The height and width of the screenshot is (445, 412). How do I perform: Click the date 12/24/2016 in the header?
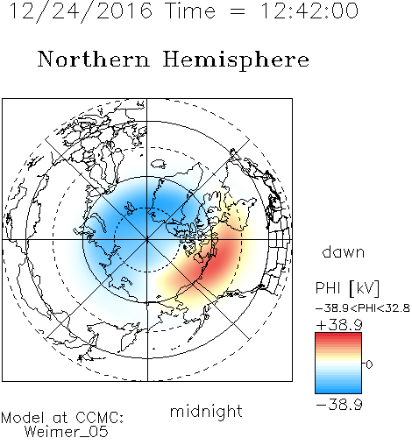81,11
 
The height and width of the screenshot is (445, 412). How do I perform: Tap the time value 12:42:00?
309,11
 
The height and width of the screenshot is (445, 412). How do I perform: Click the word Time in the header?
190,11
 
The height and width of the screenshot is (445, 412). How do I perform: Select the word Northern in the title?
94,60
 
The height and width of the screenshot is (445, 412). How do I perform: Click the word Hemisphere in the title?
236,60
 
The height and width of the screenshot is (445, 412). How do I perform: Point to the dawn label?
344,252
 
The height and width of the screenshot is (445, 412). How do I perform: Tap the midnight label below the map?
206,411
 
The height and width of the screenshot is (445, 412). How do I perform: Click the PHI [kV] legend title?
347,288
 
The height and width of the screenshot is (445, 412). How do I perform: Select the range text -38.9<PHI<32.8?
363,308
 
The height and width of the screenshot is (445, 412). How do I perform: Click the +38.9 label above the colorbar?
339,325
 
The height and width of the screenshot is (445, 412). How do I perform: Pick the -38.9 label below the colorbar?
339,405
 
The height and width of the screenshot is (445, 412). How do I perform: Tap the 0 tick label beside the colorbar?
369,364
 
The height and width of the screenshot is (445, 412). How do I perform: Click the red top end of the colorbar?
338,335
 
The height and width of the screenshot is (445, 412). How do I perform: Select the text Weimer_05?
67,432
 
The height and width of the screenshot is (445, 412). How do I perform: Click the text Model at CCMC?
62,418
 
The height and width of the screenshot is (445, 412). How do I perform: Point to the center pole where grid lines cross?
147,240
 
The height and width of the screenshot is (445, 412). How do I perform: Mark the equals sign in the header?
238,11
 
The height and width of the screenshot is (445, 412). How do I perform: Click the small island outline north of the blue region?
159,164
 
